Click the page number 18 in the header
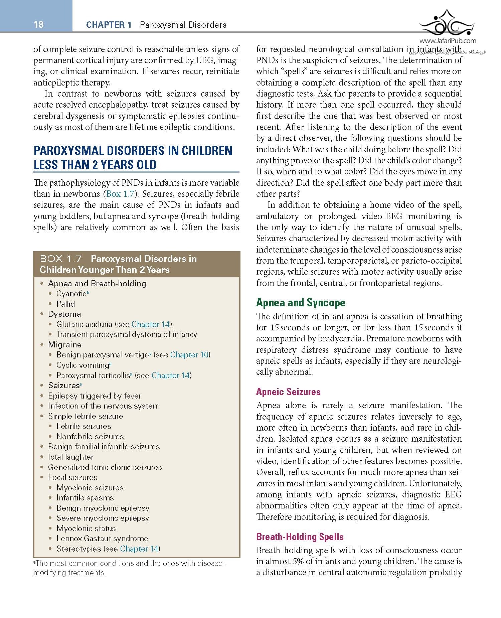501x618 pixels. [39, 24]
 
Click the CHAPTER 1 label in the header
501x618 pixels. [109, 25]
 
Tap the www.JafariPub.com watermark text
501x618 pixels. [448, 41]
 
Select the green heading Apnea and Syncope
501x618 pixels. [301, 303]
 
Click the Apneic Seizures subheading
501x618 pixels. [288, 392]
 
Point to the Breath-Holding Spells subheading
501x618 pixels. [300, 537]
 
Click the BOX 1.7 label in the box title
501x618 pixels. [60, 259]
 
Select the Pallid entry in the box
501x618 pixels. [65, 304]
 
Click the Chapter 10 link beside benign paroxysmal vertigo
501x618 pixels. [189, 355]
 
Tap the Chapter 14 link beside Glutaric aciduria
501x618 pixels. [151, 324]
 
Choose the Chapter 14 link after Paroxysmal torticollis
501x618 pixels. [170, 375]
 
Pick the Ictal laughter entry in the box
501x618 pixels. [70, 457]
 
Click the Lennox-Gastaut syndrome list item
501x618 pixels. [102, 538]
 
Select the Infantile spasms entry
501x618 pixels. [85, 498]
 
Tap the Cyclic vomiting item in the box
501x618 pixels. [83, 365]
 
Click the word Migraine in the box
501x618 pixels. [65, 345]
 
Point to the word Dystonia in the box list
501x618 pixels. [64, 314]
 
